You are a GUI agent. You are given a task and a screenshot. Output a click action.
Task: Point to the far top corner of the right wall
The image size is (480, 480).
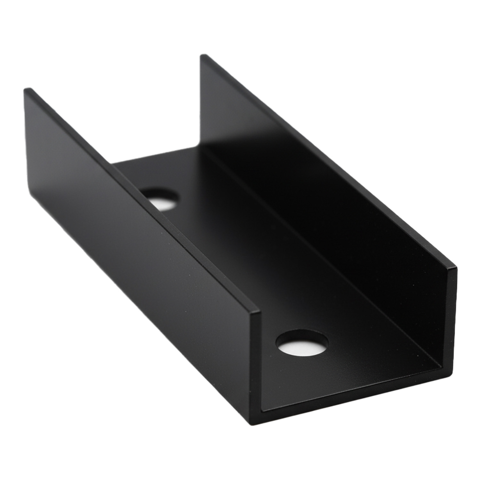click(202, 56)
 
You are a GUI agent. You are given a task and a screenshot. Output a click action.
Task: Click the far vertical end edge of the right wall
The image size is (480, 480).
click(201, 102)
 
